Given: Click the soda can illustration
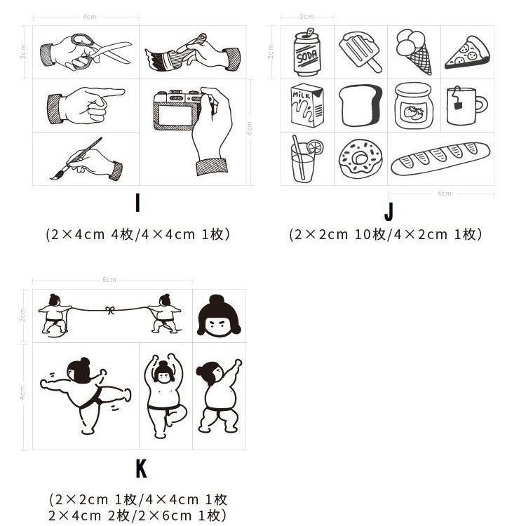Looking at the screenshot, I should [x=306, y=53].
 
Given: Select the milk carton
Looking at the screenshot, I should [x=306, y=106].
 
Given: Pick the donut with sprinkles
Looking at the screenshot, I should [x=359, y=159].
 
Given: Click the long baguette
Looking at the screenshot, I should [x=440, y=159].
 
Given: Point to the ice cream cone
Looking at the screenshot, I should [x=414, y=51].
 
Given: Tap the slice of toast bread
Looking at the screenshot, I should [x=360, y=106].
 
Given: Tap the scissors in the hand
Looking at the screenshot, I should [x=105, y=50].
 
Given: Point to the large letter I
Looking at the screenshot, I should [x=138, y=203].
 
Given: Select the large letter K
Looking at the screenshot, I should [x=141, y=468].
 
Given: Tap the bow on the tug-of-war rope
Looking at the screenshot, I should [x=109, y=309].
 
